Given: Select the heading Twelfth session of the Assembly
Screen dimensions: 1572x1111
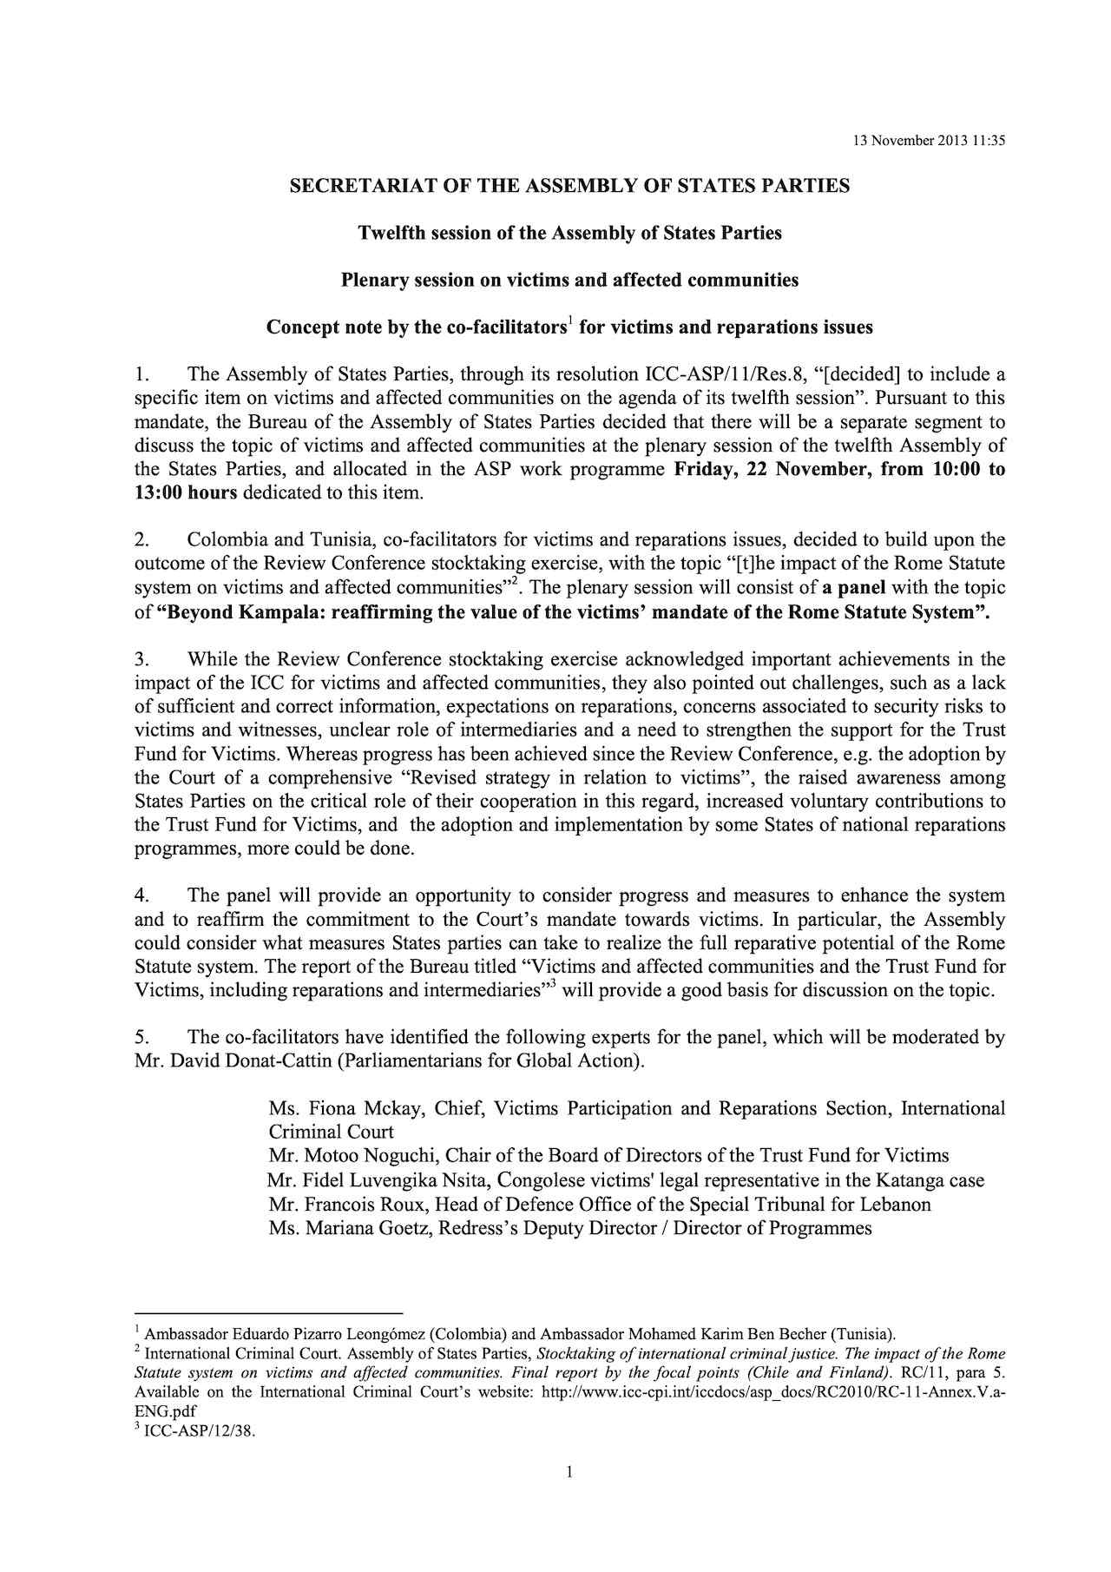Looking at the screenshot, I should coord(569,233).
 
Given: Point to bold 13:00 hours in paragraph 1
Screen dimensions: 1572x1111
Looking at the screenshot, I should coord(186,494).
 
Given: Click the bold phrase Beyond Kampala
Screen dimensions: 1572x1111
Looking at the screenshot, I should coord(234,611).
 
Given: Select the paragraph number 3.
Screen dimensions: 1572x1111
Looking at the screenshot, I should coord(141,659).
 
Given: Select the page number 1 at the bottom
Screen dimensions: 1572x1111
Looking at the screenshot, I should coord(569,1472).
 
